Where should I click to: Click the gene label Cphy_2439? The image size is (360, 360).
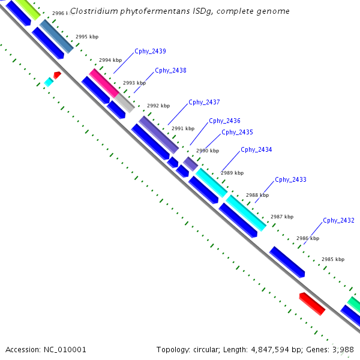(x=150, y=51)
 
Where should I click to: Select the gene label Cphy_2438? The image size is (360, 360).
(x=170, y=70)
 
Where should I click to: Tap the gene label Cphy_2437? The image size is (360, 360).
(x=204, y=102)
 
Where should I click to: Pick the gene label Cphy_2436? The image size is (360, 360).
(x=224, y=121)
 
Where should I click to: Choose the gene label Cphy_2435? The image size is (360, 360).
(x=237, y=132)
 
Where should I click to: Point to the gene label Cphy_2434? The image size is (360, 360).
(x=256, y=149)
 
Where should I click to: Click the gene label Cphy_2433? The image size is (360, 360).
(x=290, y=179)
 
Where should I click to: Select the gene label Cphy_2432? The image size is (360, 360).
(x=338, y=220)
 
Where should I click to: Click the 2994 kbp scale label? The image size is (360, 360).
(x=110, y=60)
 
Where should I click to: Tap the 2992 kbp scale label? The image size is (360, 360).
(x=158, y=106)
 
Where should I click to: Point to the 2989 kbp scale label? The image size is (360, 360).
(x=232, y=173)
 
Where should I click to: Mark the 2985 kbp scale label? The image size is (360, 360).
(x=332, y=259)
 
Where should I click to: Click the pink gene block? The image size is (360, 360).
(x=103, y=83)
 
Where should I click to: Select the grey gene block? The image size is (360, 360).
(x=125, y=103)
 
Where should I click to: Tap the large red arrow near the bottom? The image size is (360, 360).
(x=312, y=304)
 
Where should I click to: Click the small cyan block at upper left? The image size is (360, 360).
(x=49, y=82)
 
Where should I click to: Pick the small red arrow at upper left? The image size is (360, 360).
(x=57, y=75)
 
